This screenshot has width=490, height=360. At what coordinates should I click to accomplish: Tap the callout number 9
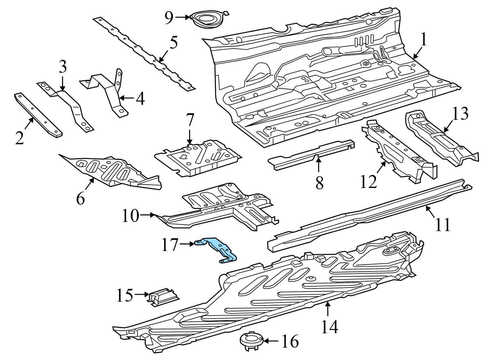(x=169, y=18)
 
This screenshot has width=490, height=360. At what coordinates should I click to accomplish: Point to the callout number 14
(x=329, y=326)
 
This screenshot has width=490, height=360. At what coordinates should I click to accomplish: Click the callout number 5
(x=173, y=43)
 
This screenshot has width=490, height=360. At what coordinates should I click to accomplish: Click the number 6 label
(x=80, y=197)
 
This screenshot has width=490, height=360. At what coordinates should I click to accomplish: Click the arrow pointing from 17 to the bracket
(x=188, y=243)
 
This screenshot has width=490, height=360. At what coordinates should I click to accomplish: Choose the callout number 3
(x=63, y=67)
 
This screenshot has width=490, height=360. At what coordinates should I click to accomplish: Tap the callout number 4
(x=140, y=99)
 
